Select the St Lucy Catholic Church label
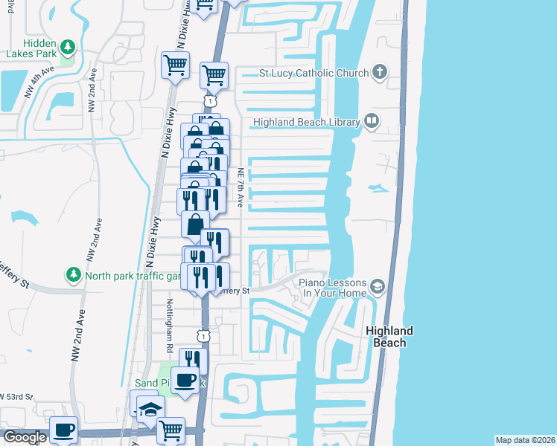click(313, 74)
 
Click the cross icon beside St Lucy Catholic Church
click(379, 73)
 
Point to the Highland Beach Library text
click(306, 122)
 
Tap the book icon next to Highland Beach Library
click(371, 122)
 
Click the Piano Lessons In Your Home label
click(333, 288)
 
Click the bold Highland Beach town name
click(389, 337)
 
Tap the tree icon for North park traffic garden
click(74, 275)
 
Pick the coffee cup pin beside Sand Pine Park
click(185, 380)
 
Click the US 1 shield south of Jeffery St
click(203, 336)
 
